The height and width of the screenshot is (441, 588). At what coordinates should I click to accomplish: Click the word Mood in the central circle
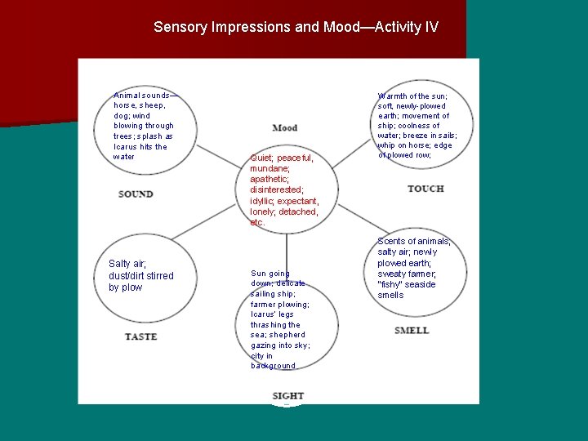285,128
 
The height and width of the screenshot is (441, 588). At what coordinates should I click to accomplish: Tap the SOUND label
136,194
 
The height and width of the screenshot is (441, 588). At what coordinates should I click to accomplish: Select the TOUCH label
425,189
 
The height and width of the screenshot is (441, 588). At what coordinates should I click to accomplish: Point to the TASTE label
141,336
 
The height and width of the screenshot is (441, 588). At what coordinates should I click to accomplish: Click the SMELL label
411,331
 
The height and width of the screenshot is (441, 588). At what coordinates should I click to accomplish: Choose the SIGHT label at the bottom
287,396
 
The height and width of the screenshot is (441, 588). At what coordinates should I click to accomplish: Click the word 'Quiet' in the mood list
261,158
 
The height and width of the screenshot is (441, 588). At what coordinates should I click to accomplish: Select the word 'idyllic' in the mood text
264,201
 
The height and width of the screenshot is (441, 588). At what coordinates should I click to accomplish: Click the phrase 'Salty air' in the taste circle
127,264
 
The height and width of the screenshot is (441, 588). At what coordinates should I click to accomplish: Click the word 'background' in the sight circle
273,366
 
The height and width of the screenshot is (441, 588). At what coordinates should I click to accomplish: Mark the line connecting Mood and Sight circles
287,245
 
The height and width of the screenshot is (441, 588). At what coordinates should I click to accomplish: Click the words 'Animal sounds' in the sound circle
144,96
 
